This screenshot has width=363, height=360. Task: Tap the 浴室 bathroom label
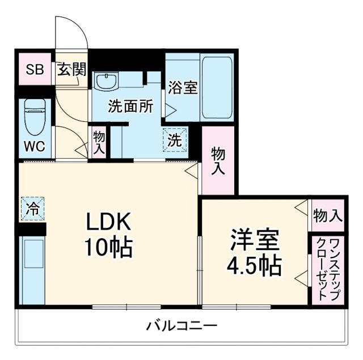click(183, 88)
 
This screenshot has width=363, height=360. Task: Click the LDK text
click(108, 222)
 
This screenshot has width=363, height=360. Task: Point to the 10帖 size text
click(108, 247)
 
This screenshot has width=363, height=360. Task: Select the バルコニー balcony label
click(182, 326)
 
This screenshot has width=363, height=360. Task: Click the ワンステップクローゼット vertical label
click(327, 270)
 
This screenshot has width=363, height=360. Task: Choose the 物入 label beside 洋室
click(328, 215)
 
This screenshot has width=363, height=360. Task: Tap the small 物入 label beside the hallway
click(99, 143)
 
